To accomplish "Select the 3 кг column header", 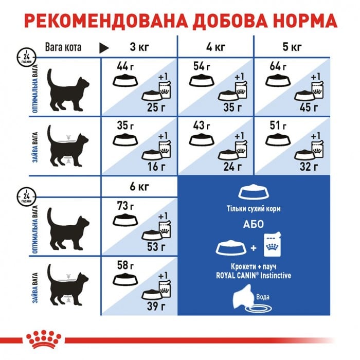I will click(x=139, y=48).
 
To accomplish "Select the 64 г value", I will click(x=276, y=66).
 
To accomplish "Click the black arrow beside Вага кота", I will click(x=104, y=48).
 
